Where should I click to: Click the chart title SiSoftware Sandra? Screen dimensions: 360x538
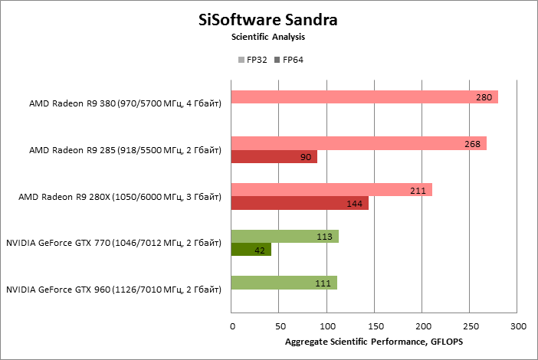point(268,19)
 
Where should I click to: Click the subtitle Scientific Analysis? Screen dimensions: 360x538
point(268,37)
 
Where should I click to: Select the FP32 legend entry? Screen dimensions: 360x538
point(253,60)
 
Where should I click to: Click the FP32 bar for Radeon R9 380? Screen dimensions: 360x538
point(360,97)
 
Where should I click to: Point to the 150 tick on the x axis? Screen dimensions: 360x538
point(375,327)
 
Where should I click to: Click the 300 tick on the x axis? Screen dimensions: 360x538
point(518,327)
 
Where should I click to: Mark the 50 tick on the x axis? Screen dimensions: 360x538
point(279,327)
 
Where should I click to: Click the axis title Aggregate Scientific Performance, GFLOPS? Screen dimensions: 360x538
point(374,342)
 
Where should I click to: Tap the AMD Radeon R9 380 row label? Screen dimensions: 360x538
point(125,103)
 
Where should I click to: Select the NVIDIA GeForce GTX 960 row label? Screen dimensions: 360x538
point(113,290)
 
